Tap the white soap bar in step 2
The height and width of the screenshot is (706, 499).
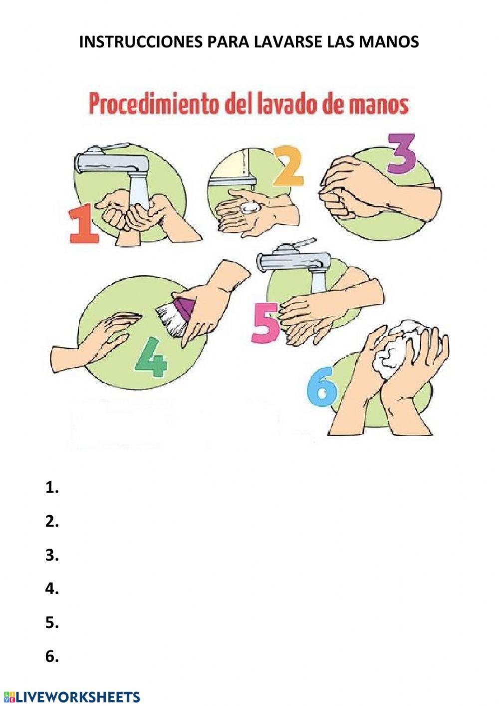click(x=249, y=207)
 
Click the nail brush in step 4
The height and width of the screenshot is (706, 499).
click(x=175, y=315)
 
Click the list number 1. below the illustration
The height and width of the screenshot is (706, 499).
click(x=52, y=488)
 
